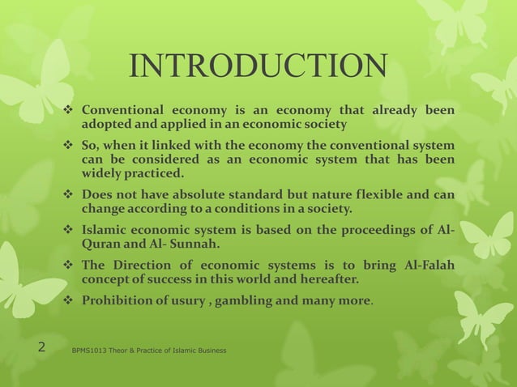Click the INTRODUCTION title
[258, 66]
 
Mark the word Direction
[141, 266]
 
